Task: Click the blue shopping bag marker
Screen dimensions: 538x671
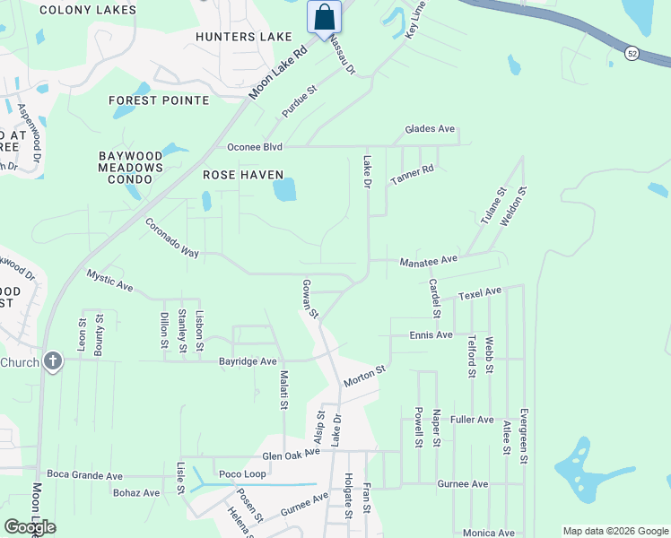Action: tap(324, 18)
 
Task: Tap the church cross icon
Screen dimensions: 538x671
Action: tap(53, 362)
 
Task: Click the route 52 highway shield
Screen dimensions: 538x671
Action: tap(633, 54)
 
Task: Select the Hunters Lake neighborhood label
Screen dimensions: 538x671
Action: tap(245, 37)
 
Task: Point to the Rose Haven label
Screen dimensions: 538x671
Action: tap(243, 175)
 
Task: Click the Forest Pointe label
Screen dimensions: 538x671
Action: tap(160, 100)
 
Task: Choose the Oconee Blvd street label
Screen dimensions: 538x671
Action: tap(255, 147)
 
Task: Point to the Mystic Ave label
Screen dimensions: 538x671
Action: tap(109, 281)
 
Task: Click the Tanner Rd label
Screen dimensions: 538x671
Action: tap(412, 175)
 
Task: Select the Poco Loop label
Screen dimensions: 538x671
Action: tap(242, 473)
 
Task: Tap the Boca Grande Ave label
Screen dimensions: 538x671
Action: tap(84, 473)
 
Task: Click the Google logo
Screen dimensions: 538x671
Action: tap(30, 527)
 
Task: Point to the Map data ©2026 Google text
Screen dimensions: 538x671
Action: tap(614, 530)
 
